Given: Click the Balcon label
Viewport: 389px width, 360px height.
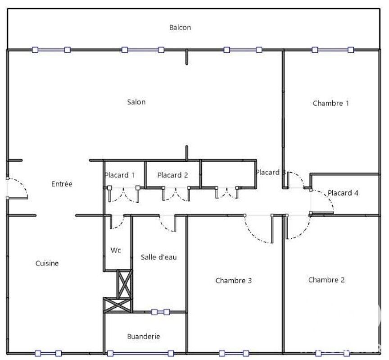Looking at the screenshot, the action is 180,27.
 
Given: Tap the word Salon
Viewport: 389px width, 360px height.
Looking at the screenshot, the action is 136,102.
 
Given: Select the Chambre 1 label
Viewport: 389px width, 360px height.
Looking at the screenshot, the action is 331,103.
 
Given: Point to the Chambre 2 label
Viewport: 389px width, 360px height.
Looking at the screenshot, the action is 326,280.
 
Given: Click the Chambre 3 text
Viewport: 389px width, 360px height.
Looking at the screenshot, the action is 234,281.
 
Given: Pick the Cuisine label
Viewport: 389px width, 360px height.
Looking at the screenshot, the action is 47,263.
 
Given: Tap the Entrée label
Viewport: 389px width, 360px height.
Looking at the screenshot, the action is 62,184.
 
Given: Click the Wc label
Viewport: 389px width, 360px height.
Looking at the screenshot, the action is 116,250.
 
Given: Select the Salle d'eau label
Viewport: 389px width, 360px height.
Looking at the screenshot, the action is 159,257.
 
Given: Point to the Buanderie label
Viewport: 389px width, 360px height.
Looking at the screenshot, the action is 143,337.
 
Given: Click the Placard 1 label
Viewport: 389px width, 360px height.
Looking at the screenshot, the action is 120,175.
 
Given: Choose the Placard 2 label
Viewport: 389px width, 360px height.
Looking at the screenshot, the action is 172,175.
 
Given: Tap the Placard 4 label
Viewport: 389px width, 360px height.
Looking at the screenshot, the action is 343,193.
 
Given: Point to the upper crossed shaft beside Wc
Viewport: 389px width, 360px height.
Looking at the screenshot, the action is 125,284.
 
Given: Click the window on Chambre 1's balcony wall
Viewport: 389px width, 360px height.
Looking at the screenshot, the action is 333,50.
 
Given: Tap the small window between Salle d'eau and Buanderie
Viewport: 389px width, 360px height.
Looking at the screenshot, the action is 161,312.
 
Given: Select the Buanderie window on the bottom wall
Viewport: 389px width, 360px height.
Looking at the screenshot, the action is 140,353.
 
